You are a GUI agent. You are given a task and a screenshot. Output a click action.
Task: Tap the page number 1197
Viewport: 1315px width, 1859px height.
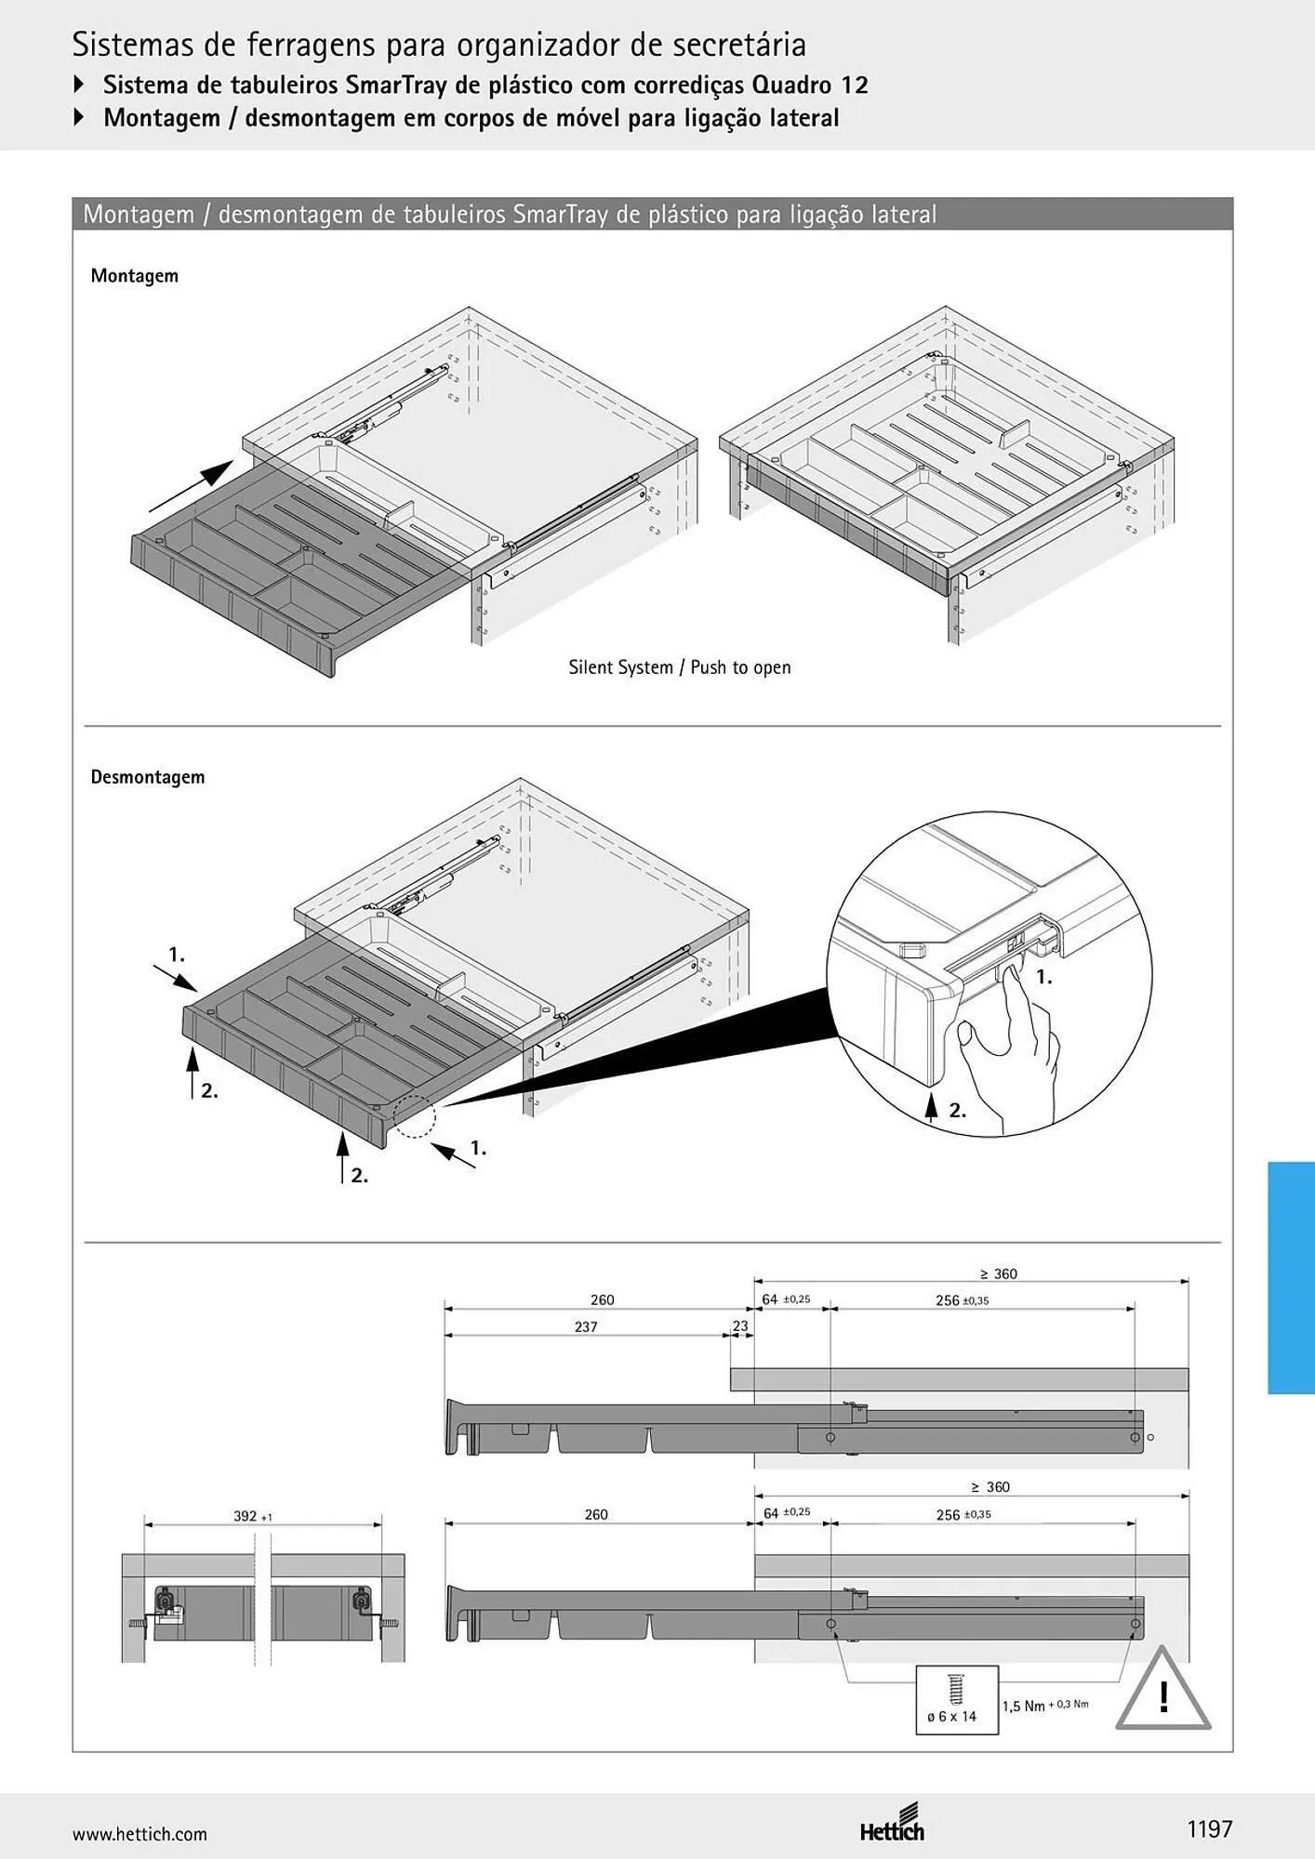(x=1209, y=1829)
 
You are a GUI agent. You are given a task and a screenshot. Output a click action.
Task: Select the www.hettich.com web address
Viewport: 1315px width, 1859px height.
(x=139, y=1834)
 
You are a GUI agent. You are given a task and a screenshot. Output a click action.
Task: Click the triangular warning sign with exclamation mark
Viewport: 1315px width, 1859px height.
(x=1162, y=1689)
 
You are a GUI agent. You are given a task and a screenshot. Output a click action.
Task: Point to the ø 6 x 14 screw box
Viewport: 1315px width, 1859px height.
(x=957, y=1700)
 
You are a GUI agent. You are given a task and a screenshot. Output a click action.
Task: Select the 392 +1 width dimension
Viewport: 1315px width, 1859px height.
(x=252, y=1516)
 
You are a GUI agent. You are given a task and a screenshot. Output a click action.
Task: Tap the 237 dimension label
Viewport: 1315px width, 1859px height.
(x=586, y=1326)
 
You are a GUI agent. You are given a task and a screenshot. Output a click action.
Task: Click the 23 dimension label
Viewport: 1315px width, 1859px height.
(x=740, y=1326)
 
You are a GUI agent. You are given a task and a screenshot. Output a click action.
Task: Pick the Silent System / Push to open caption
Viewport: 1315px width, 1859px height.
(x=680, y=667)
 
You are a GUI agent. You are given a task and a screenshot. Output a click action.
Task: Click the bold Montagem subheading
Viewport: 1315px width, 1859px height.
(x=135, y=276)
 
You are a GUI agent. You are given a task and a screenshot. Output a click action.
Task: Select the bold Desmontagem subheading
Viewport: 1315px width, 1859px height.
(x=148, y=777)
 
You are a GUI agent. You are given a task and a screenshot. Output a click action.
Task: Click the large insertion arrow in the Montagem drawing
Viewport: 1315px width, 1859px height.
(x=192, y=485)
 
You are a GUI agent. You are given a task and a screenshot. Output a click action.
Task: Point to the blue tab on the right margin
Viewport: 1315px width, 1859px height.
(x=1291, y=1277)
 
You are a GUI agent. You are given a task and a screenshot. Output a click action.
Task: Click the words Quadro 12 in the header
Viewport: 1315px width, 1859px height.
(x=810, y=86)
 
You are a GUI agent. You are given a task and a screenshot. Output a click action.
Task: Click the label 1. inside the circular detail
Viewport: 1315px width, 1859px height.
(x=1044, y=977)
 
